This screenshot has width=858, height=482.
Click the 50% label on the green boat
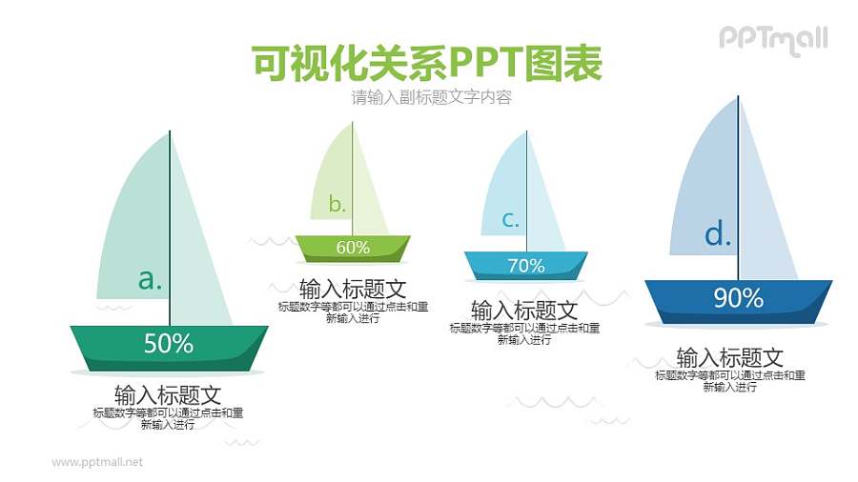tap(169, 344)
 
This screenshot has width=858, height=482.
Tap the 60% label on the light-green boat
tap(353, 248)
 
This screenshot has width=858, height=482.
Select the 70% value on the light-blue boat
tap(525, 266)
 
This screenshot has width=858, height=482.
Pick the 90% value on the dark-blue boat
tap(738, 298)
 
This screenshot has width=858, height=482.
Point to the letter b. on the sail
tap(337, 204)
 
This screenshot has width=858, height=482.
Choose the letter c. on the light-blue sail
tap(510, 220)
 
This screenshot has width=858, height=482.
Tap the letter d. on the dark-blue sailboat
tap(717, 234)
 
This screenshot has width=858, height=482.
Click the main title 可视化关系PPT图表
tap(427, 64)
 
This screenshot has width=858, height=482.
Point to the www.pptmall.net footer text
tap(97, 462)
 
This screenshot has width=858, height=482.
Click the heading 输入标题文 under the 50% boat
tap(168, 394)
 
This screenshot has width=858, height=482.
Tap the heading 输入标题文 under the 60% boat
tap(353, 288)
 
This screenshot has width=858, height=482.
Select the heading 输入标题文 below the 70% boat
tap(524, 311)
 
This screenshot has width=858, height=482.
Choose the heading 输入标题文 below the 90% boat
tap(729, 357)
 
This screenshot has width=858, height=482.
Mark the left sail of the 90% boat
tap(710, 191)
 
